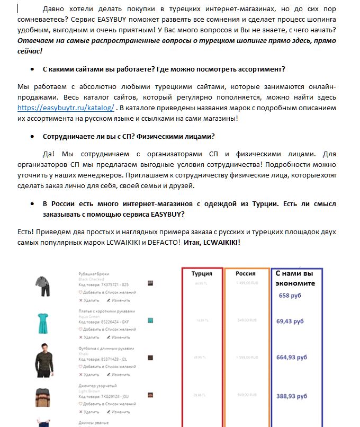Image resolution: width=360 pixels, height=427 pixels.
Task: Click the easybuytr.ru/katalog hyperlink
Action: pos(66,108)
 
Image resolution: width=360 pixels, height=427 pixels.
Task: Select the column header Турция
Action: pos(201,273)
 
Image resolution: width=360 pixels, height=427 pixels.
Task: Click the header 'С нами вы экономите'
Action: pos(295,278)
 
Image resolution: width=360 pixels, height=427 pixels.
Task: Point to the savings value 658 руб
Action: pos(290,296)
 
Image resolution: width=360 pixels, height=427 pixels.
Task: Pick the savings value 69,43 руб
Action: pos(290,321)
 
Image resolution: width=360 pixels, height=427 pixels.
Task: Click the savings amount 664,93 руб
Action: pos(292,357)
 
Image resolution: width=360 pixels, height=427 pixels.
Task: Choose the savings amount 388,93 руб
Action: pos(292,395)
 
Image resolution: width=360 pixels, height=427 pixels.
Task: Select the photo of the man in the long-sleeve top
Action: pos(43,358)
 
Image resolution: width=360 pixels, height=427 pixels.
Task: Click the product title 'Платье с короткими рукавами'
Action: pos(106,311)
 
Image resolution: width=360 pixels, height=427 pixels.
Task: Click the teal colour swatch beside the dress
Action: pos(151,321)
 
